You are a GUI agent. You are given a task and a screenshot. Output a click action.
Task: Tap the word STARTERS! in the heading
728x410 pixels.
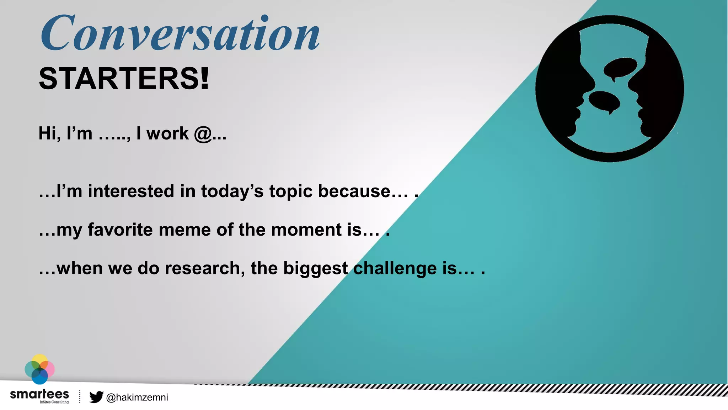click(x=124, y=79)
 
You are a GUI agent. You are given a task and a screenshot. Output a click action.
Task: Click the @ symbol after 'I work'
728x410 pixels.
click(x=203, y=134)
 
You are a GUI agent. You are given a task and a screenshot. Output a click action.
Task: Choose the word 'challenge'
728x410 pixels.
click(x=395, y=268)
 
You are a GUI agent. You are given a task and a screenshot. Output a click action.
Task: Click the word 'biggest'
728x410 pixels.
click(x=315, y=269)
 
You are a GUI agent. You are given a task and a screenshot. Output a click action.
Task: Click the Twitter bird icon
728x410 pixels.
click(x=96, y=397)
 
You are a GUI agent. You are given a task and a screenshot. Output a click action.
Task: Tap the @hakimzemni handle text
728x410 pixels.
click(x=137, y=397)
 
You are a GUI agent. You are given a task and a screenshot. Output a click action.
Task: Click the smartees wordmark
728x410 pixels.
click(x=39, y=394)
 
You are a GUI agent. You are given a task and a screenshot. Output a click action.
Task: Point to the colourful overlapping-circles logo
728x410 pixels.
click(x=39, y=369)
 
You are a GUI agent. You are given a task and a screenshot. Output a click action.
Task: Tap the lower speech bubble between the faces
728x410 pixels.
click(x=604, y=101)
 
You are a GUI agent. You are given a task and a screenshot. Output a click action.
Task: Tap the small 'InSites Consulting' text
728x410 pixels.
click(x=54, y=402)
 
